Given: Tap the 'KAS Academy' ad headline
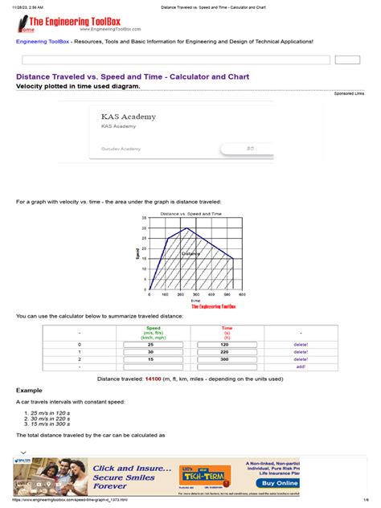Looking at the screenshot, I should coord(129,117).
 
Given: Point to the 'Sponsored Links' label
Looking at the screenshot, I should coord(349,93).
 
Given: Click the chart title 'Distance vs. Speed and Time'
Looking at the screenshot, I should coord(190,214).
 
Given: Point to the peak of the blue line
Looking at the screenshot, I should coord(187,228).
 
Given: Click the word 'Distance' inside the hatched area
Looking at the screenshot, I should coord(190,254).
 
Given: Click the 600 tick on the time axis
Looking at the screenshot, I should coord(241,295).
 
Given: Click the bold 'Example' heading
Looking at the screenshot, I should coord(30,389).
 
